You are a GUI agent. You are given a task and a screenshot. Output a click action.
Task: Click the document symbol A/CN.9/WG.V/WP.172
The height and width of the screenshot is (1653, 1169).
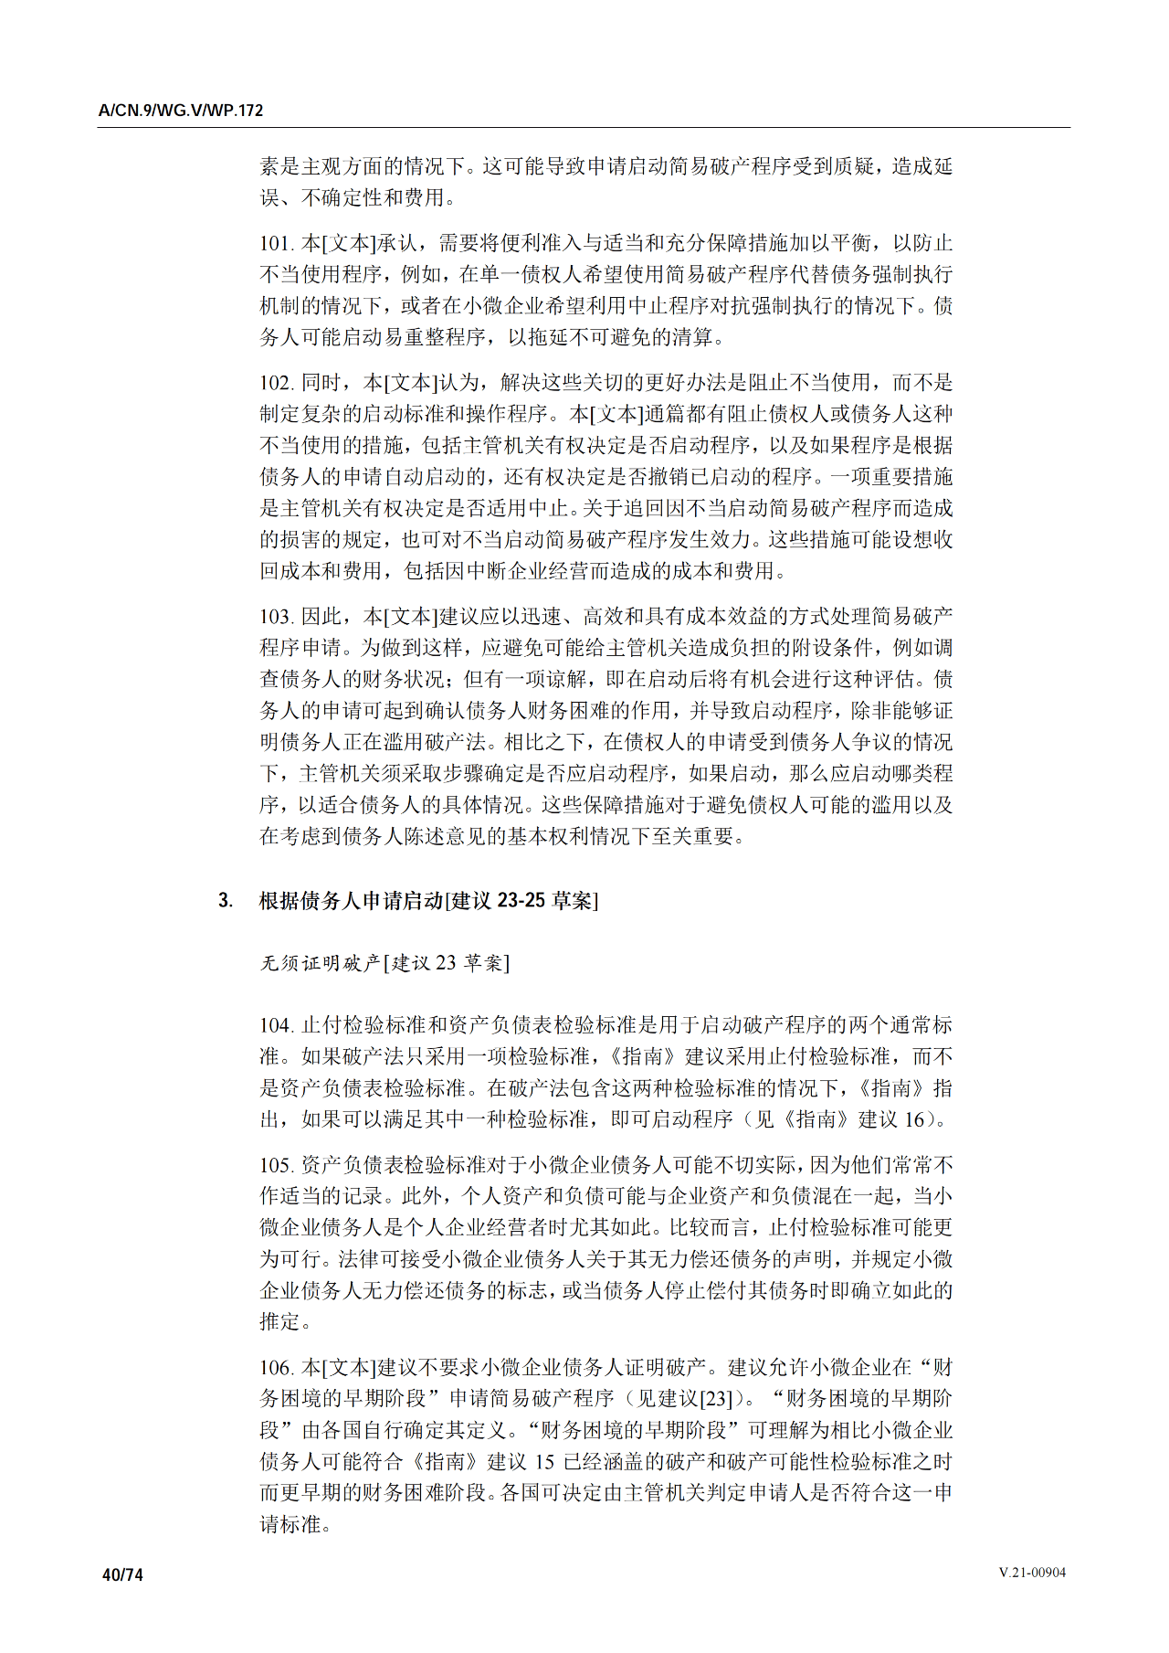[181, 111]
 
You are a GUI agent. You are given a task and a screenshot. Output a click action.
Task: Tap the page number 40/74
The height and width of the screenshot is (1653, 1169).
[123, 1574]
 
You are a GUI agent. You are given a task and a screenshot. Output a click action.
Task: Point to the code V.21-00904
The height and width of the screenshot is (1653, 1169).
[1032, 1573]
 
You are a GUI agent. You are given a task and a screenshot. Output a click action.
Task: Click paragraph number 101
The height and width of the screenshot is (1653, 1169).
[275, 243]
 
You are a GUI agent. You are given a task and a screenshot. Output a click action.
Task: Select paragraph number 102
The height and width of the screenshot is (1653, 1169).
[275, 383]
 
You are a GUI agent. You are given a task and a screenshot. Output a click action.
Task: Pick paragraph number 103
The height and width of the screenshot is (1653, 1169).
[275, 617]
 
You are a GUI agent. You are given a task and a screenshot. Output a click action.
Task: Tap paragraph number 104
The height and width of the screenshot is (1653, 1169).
[275, 1025]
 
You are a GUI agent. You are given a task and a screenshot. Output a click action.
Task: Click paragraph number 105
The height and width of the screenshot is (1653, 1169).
[275, 1165]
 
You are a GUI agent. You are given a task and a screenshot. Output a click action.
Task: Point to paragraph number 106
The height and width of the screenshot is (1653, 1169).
[275, 1368]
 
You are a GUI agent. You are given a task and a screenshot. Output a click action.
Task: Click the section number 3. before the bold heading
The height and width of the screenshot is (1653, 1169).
[225, 901]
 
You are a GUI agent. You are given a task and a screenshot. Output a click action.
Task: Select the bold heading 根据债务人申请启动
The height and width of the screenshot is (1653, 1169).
[351, 901]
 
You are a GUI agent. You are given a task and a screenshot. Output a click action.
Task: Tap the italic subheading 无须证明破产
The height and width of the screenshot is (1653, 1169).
[320, 963]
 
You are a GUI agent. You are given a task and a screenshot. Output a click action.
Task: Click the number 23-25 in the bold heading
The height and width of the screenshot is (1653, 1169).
[521, 901]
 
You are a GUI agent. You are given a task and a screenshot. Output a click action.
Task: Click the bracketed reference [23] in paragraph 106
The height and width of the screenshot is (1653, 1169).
[716, 1399]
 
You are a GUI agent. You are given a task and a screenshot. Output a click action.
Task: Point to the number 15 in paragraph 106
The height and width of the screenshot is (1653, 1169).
[544, 1462]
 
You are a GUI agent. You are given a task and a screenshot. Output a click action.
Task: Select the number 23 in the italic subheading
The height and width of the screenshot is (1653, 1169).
[445, 963]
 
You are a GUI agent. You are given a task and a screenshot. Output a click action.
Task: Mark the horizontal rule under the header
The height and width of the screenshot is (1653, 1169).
[584, 128]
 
